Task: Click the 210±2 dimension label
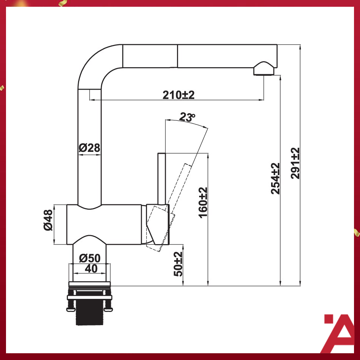tap(178, 95)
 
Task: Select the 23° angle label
tap(187, 117)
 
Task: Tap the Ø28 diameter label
tap(90, 148)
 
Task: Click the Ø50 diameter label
tap(90, 258)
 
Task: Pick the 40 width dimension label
tap(90, 268)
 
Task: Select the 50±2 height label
tap(178, 264)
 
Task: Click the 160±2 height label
tap(203, 203)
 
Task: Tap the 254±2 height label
tap(276, 178)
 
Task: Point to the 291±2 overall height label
tap(295, 163)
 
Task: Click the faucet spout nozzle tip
tap(264, 70)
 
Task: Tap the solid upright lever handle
tap(162, 178)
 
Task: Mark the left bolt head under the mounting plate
tap(70, 309)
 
